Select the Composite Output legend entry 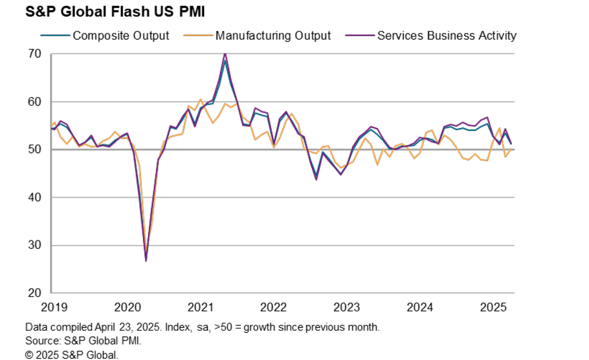120,36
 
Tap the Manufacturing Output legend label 272,36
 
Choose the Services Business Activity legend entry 446,36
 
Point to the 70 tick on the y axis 34,54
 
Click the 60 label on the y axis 34,102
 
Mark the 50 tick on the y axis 34,149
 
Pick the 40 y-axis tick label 34,198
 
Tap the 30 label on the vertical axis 34,245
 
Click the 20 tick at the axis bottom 34,293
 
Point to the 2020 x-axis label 126,307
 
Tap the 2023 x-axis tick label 347,307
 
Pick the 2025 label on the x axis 493,307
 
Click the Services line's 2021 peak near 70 225,54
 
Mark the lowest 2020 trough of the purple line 146,260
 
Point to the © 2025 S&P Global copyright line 71,355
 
